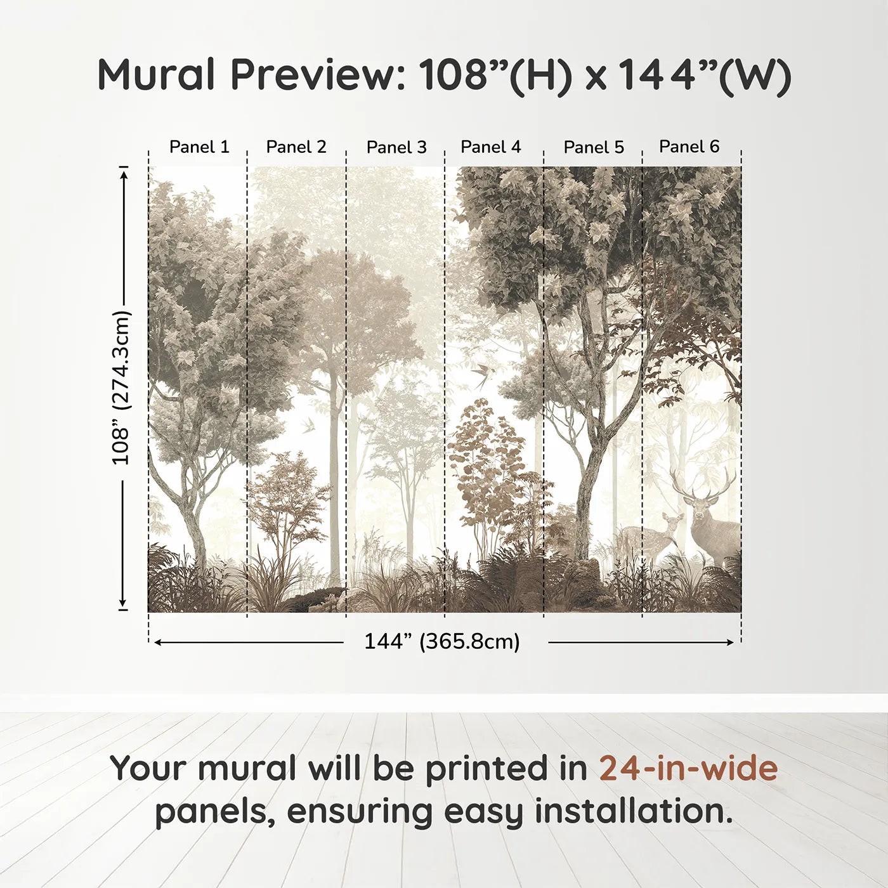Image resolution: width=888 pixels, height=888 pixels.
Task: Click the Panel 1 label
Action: [x=199, y=147]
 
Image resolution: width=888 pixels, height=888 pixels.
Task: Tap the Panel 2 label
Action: [x=296, y=147]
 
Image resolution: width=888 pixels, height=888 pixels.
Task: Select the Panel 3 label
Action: [x=396, y=148]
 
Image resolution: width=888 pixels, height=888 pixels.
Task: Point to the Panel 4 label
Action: [x=490, y=147]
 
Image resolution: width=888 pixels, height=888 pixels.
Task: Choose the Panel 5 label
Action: [x=594, y=148]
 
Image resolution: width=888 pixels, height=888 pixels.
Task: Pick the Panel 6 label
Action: [x=689, y=147]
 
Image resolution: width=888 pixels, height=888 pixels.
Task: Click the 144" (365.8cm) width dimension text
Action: [x=442, y=642]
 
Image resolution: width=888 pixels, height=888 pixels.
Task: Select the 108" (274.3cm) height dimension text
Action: [x=121, y=388]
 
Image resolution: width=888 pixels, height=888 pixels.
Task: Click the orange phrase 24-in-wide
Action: [x=688, y=768]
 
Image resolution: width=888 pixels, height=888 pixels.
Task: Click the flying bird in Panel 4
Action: [x=481, y=375]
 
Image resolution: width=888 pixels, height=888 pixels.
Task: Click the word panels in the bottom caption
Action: [x=215, y=813]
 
